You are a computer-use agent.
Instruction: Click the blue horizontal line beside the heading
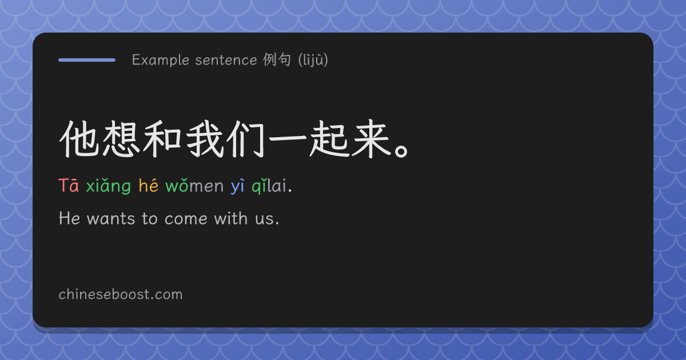(87, 60)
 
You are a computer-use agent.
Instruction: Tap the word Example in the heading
(161, 60)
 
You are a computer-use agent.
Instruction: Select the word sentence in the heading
(226, 60)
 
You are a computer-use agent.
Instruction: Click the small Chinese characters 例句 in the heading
(277, 59)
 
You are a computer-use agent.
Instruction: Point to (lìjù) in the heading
(313, 59)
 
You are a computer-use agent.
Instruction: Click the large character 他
(79, 139)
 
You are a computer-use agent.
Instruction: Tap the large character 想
(121, 139)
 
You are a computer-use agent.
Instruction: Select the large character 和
(162, 139)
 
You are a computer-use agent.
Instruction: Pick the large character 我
(204, 139)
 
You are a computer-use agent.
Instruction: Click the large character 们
(246, 139)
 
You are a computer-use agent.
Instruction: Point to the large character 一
(288, 139)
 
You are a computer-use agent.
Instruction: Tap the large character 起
(329, 139)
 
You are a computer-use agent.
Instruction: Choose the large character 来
(371, 139)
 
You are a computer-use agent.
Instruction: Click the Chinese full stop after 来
(401, 151)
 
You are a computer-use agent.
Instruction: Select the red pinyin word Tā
(69, 186)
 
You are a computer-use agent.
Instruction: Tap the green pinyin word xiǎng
(109, 186)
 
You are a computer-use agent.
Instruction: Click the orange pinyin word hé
(149, 185)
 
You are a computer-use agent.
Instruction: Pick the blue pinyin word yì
(237, 186)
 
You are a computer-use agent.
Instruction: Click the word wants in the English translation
(111, 219)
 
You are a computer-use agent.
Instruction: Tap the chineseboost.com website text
(121, 294)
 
